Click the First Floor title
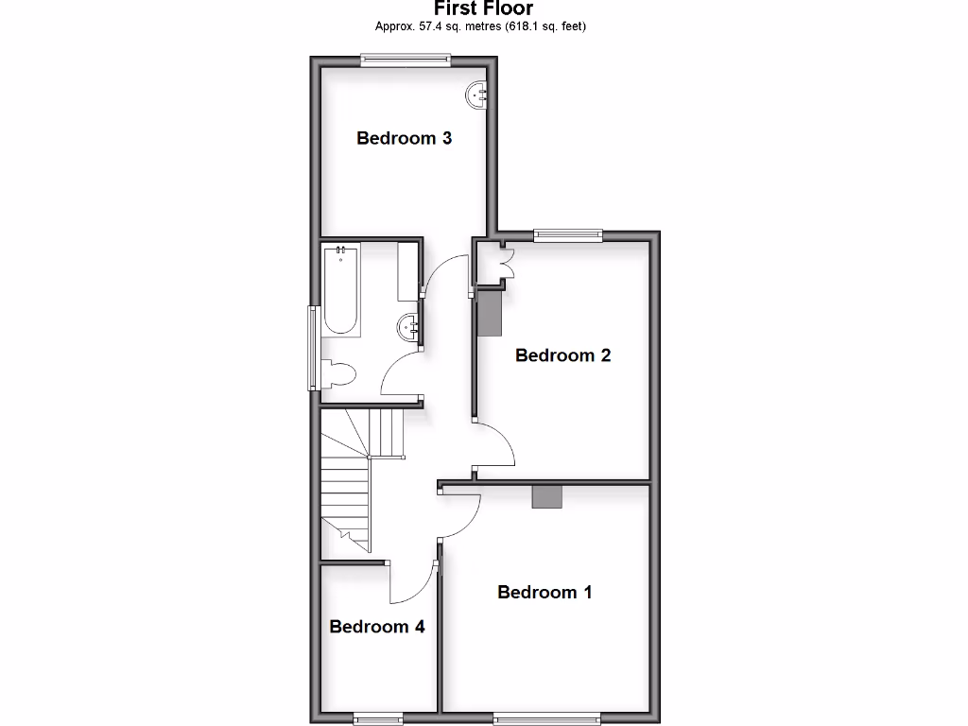click(483, 9)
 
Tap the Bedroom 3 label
click(404, 138)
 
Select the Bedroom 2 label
click(562, 355)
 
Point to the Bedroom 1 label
click(544, 593)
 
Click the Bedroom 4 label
click(376, 627)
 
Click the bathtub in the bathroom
click(341, 289)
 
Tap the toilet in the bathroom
click(337, 374)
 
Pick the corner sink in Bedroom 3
click(476, 94)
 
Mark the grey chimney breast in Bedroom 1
click(546, 496)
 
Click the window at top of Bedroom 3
click(406, 60)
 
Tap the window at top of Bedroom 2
click(567, 235)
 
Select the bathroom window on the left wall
click(312, 347)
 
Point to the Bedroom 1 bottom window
click(546, 717)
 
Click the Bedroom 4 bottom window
click(378, 718)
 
